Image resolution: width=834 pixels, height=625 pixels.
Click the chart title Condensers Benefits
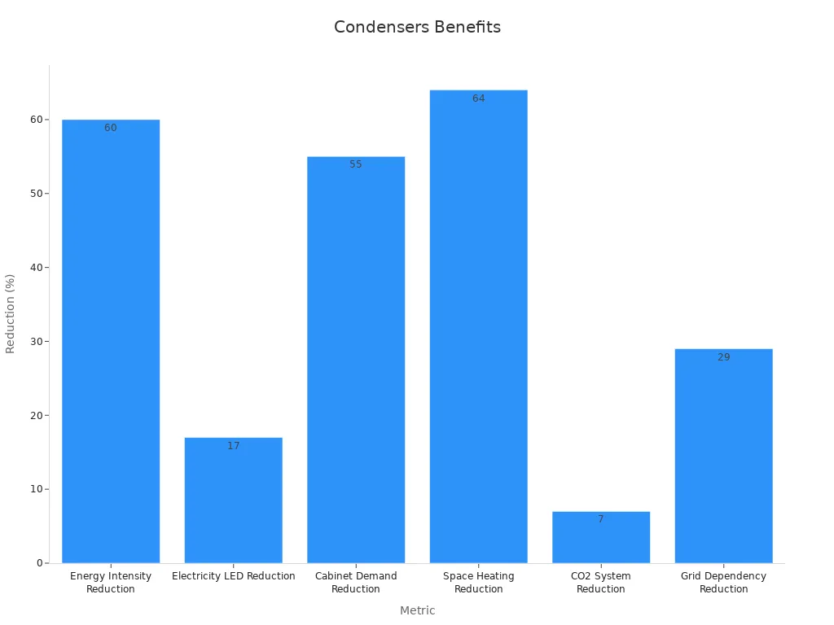pyautogui.click(x=417, y=27)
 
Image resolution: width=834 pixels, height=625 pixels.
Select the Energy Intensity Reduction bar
pyautogui.click(x=111, y=342)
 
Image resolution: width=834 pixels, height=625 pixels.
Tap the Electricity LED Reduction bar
pyautogui.click(x=234, y=500)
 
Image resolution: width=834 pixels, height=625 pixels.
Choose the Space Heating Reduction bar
pyautogui.click(x=479, y=326)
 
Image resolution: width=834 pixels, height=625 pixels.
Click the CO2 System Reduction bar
pyautogui.click(x=601, y=537)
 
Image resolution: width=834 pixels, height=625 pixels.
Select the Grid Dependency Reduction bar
pyautogui.click(x=724, y=456)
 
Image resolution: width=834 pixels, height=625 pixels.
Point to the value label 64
pyautogui.click(x=479, y=98)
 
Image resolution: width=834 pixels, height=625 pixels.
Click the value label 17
pyautogui.click(x=234, y=446)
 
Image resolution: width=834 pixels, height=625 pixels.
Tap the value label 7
pyautogui.click(x=601, y=519)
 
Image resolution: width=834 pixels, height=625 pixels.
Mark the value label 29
pyautogui.click(x=724, y=357)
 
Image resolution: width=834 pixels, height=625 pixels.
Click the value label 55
pyautogui.click(x=356, y=164)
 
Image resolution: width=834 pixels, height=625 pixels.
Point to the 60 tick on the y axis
pyautogui.click(x=37, y=120)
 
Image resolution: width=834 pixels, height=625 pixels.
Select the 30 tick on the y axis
pyautogui.click(x=37, y=342)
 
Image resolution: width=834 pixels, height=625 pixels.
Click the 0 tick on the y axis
pyautogui.click(x=39, y=563)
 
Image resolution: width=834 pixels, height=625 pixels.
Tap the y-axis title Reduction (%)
pyautogui.click(x=11, y=313)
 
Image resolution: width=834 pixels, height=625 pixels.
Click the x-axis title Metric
pyautogui.click(x=417, y=610)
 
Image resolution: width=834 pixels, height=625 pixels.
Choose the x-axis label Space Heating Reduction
pyautogui.click(x=479, y=582)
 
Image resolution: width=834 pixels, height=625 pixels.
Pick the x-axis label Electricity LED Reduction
pyautogui.click(x=234, y=576)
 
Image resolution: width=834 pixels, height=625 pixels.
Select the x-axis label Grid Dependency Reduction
pyautogui.click(x=724, y=582)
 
